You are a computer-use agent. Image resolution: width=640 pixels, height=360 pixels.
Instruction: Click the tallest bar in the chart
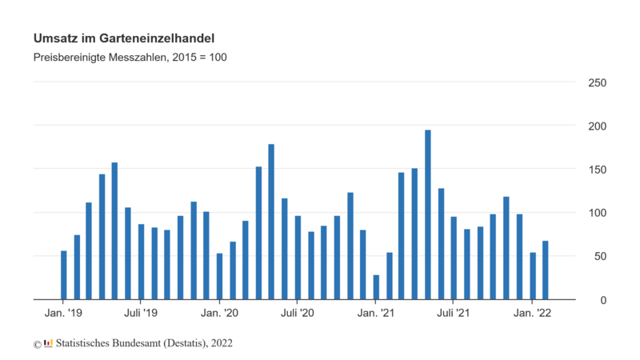[x=428, y=214]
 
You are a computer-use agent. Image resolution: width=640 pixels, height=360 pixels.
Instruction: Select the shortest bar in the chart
[x=376, y=287]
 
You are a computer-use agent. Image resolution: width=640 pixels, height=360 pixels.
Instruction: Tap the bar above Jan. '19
[x=64, y=275]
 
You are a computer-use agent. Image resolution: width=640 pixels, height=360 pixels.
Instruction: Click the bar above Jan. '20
[x=220, y=276]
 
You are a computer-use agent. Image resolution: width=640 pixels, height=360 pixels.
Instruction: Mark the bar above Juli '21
[x=454, y=258]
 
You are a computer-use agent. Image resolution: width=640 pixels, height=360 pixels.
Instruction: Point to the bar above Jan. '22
[x=532, y=276]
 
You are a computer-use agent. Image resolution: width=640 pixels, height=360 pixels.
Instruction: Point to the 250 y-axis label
[x=597, y=83]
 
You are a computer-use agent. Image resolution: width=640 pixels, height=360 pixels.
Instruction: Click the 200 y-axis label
[x=597, y=126]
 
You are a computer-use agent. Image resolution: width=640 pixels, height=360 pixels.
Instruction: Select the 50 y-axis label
[x=600, y=257]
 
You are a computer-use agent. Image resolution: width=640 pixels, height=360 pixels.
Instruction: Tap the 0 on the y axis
[x=603, y=300]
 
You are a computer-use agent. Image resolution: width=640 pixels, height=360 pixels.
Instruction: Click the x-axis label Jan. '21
[x=376, y=314]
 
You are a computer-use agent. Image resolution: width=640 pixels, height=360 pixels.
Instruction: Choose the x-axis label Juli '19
[x=142, y=314]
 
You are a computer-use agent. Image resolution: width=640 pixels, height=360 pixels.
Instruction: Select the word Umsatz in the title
[x=54, y=38]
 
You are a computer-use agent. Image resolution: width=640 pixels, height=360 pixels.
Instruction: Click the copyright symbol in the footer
[x=37, y=344]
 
